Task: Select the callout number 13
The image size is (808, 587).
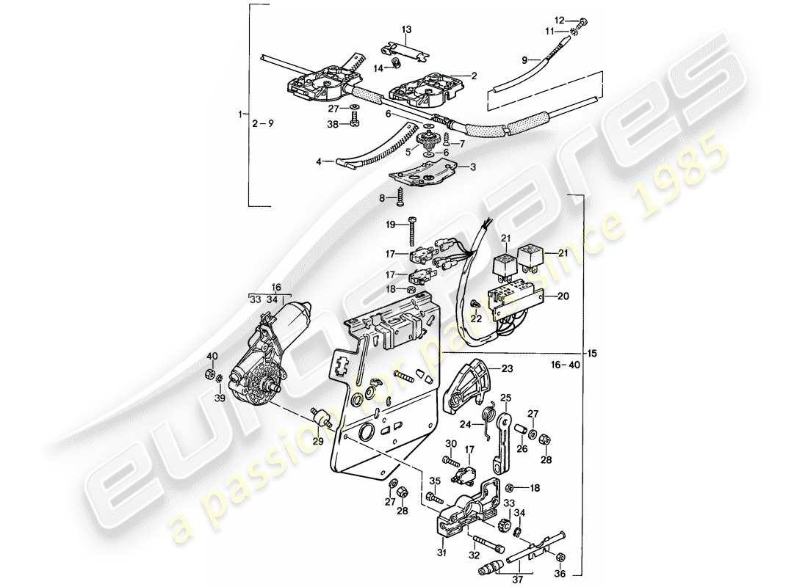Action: (x=406, y=29)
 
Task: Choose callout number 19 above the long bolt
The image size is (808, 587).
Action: (x=391, y=224)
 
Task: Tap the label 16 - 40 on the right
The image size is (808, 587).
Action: (x=568, y=363)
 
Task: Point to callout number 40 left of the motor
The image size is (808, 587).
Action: (x=212, y=357)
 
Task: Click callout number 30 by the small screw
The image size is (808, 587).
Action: (x=450, y=444)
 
